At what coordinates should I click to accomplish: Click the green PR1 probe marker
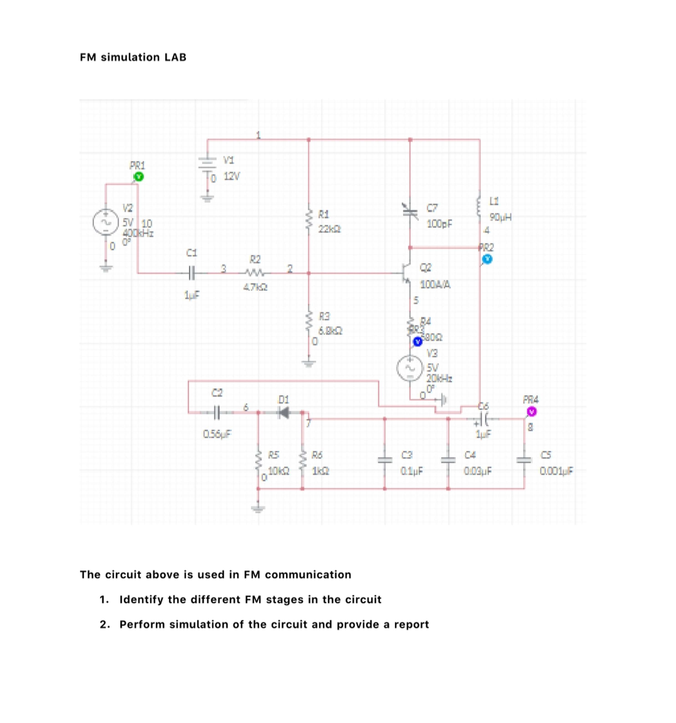(x=138, y=177)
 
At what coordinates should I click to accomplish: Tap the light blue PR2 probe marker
(x=487, y=259)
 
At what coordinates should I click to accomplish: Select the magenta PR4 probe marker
(x=531, y=412)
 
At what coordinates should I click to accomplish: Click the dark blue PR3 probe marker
(x=418, y=342)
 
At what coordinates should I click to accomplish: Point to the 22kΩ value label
(x=329, y=229)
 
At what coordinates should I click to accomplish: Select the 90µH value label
(x=501, y=217)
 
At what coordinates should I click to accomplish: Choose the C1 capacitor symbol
(x=192, y=273)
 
